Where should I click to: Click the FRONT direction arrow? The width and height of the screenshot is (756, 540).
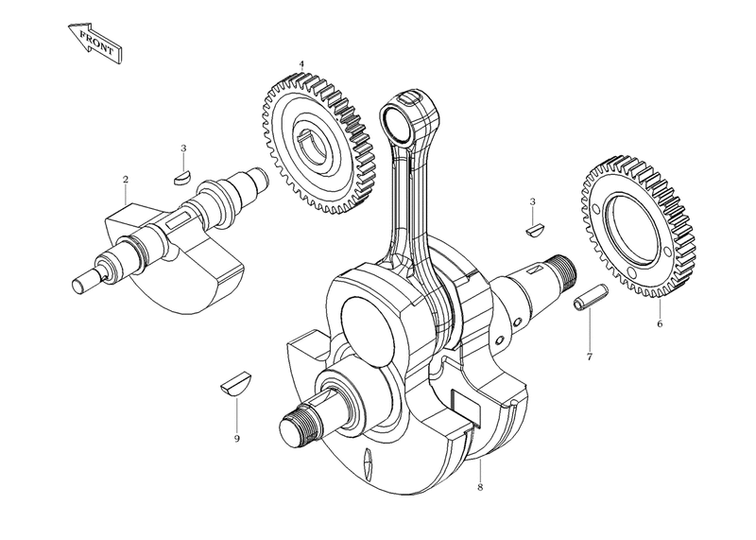(x=95, y=42)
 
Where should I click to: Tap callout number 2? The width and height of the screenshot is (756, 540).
(x=126, y=180)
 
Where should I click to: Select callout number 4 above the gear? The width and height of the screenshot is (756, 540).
(x=301, y=64)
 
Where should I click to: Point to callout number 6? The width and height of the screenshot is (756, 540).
(x=660, y=323)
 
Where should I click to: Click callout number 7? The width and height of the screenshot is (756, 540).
(x=589, y=357)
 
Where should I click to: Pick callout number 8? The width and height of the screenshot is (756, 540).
(x=480, y=487)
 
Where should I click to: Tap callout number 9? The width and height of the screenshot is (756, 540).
(x=237, y=439)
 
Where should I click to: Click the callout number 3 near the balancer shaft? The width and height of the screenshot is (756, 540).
(x=183, y=148)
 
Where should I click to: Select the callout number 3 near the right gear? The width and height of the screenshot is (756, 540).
(x=532, y=201)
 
